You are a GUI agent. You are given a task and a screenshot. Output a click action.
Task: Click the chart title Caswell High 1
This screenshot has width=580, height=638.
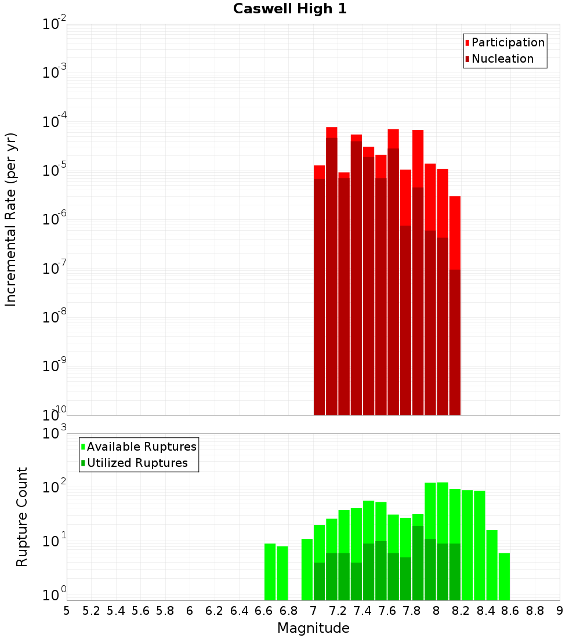click(290, 9)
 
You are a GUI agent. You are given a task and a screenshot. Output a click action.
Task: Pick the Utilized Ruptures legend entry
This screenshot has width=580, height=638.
click(137, 463)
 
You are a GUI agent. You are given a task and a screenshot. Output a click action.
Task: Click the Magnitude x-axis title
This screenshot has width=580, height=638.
click(313, 628)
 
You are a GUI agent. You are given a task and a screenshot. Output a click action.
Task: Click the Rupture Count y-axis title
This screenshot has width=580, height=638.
click(22, 516)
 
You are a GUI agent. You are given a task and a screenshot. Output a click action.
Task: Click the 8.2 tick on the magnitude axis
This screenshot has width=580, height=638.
click(461, 611)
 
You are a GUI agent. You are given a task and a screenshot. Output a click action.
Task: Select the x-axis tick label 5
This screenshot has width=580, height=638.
click(67, 611)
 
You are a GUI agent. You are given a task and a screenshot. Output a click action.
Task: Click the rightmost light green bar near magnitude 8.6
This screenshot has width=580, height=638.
click(504, 577)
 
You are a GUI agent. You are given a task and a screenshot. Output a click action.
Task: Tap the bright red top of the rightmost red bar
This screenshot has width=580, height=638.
click(455, 232)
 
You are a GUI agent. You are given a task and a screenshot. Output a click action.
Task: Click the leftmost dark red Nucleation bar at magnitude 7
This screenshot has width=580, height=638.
click(319, 296)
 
